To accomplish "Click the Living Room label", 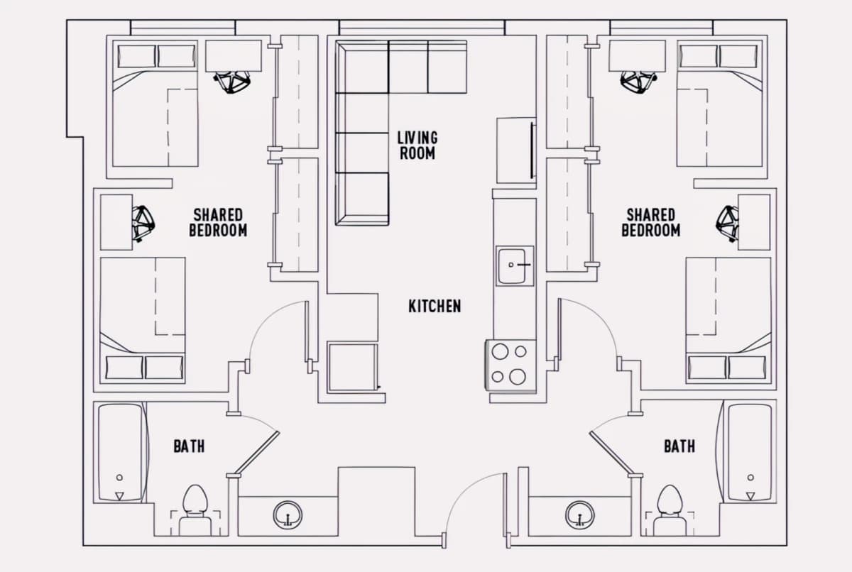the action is [417, 145].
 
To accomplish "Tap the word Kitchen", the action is [435, 307].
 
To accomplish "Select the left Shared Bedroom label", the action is [219, 223].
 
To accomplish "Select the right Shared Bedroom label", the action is [651, 223].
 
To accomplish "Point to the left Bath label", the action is [189, 446].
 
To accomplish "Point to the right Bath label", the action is [679, 446].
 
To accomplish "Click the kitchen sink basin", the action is [515, 265].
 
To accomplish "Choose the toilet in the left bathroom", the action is [195, 510].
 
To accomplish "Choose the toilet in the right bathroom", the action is [670, 510].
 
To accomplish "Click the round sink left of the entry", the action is [288, 515].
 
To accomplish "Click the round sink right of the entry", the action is [579, 515].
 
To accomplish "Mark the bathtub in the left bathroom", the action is [121, 452].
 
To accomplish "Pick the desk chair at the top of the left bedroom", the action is [231, 82].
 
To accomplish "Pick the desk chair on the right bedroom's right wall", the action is [727, 224].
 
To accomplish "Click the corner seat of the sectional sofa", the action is [362, 67].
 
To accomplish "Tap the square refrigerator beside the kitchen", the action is [353, 367].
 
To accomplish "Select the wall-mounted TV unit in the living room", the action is [516, 150].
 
